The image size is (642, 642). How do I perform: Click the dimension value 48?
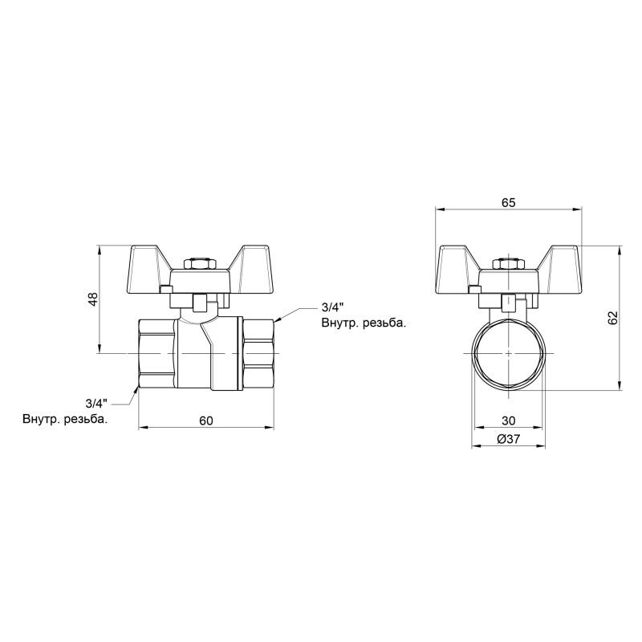coord(93,299)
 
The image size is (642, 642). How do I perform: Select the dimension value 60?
coord(206,421)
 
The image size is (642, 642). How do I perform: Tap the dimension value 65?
coord(508,203)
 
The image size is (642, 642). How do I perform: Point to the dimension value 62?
coord(613,318)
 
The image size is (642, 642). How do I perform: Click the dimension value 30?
coord(508,421)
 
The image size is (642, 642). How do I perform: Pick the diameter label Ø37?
coord(508,439)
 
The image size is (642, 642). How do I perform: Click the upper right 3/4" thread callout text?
coord(331,307)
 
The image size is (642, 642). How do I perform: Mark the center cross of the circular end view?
coord(508,353)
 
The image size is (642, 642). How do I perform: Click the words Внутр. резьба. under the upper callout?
coord(363,324)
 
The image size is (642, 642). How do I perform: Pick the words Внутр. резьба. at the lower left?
coord(65,419)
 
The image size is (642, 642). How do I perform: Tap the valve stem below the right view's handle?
coord(508,303)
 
